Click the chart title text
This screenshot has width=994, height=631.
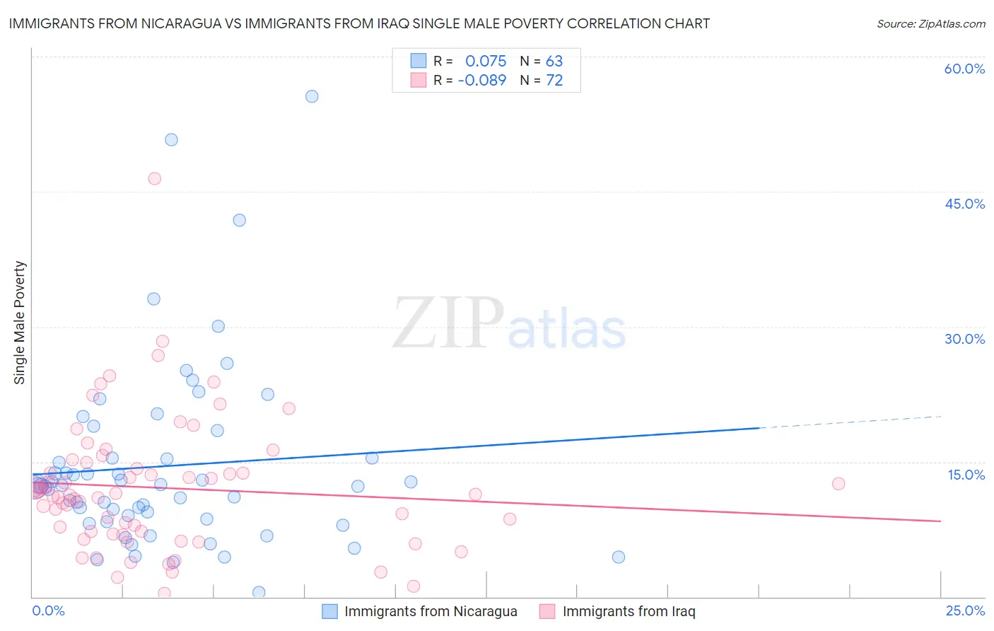359,23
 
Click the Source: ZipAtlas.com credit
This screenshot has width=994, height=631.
930,23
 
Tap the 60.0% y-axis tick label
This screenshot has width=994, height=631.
964,69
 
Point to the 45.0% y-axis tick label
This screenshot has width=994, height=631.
964,204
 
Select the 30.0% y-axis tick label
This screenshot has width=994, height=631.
964,339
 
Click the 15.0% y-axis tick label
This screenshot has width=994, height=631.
966,475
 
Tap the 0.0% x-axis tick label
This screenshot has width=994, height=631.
48,610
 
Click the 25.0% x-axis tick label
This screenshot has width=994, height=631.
965,610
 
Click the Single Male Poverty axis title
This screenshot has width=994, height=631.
20,323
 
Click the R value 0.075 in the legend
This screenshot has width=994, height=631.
486,62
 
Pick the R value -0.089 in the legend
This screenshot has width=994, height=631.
482,81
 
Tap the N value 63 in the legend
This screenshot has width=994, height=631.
554,62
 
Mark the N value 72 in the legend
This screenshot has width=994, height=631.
554,81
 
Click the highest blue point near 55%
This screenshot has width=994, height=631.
312,96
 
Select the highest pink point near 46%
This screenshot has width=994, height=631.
154,178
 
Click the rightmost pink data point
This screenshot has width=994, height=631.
838,484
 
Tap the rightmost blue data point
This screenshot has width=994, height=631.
619,557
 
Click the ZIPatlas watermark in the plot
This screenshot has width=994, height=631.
509,324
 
